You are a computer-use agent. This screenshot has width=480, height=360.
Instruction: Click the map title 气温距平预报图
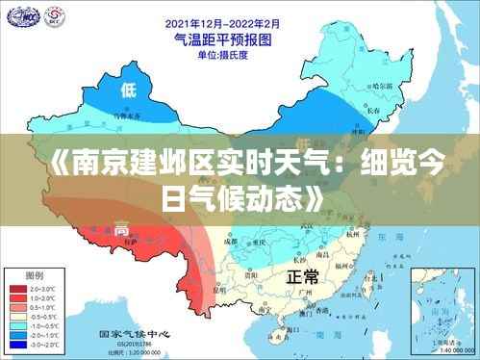point(221,40)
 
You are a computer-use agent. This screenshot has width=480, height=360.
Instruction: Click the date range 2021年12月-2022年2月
point(222,22)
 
